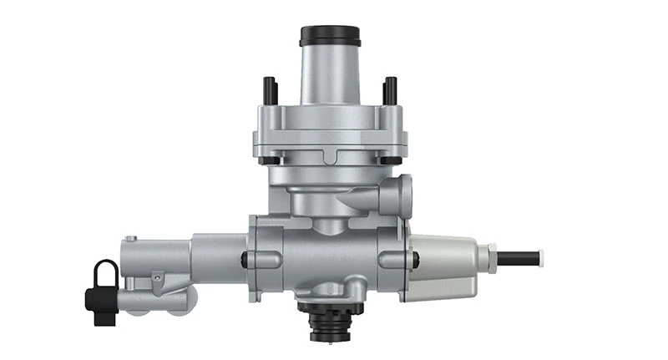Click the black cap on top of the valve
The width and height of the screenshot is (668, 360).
pyautogui.click(x=330, y=36)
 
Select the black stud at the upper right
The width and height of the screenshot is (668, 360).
pyautogui.click(x=389, y=90)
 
